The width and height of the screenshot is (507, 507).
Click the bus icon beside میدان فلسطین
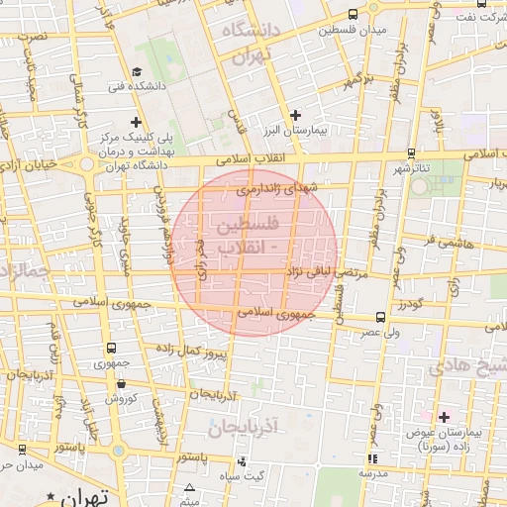click(354, 14)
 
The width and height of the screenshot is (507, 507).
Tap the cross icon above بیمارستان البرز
click(295, 116)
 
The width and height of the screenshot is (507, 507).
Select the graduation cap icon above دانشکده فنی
click(137, 71)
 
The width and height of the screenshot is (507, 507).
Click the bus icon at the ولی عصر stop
click(381, 318)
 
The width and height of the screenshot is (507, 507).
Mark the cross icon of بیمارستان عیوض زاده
click(444, 418)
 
